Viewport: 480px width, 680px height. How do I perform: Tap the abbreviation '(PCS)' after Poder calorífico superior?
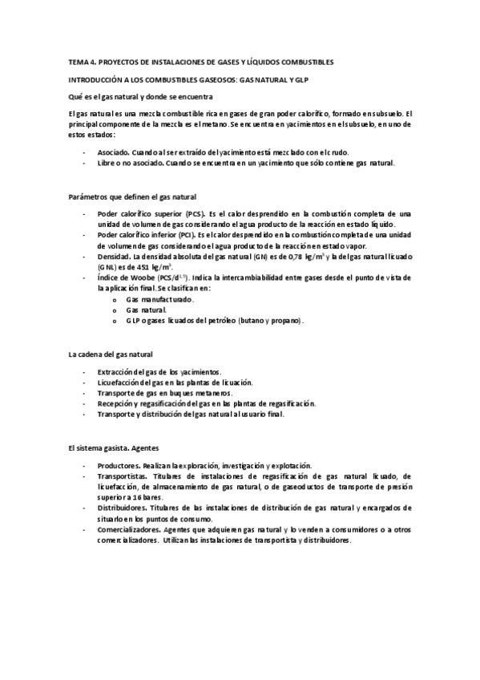(194, 214)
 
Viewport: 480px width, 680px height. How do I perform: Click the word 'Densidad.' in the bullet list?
(114, 257)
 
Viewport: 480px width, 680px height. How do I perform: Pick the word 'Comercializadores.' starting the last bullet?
(128, 529)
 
